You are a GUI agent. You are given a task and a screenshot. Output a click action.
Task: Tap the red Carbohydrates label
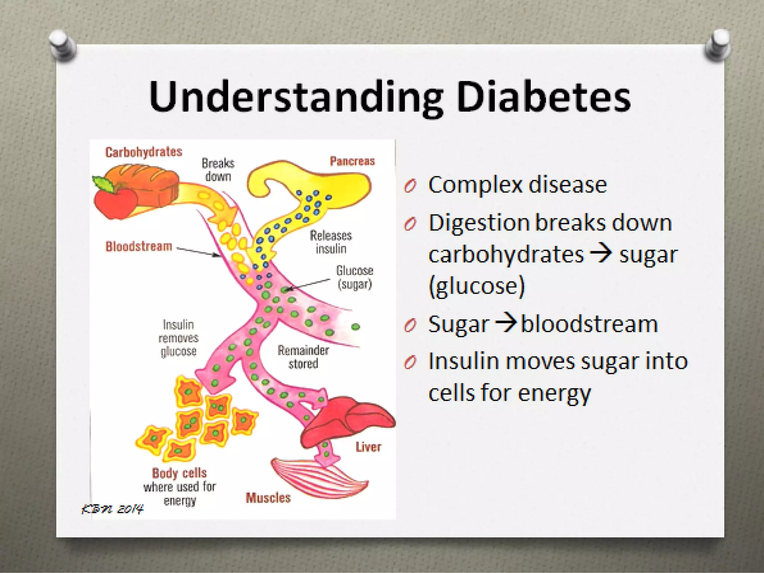point(144,152)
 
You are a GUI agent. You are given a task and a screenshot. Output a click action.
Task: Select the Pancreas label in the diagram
point(352,161)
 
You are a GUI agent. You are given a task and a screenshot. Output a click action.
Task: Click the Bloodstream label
point(139,246)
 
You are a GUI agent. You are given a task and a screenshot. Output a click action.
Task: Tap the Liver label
point(368,447)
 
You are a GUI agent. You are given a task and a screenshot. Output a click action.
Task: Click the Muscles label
point(268,498)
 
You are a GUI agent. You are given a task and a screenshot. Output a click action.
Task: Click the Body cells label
point(179,473)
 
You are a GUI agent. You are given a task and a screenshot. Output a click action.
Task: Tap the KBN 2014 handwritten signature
point(112,509)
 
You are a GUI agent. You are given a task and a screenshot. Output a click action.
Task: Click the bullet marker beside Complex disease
point(410,186)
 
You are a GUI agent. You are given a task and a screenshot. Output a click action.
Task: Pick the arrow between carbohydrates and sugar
point(601,254)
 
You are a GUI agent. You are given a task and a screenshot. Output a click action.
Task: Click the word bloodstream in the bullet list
point(589,324)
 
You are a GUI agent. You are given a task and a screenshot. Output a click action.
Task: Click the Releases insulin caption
point(331,242)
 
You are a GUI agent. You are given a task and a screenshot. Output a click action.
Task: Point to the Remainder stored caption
point(303,357)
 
